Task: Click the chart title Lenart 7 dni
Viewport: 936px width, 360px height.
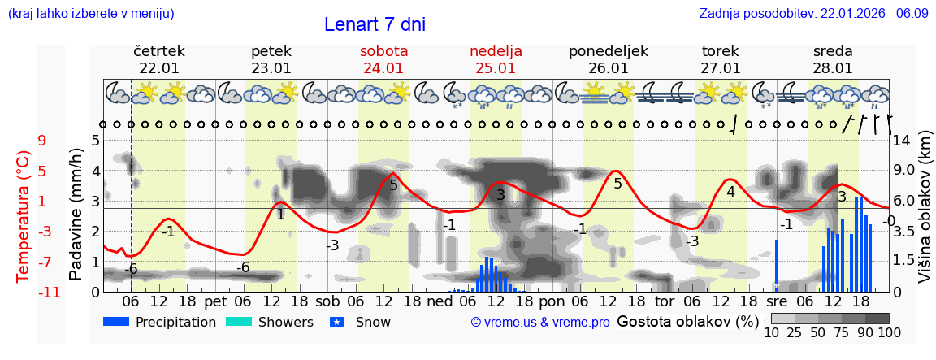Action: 375,24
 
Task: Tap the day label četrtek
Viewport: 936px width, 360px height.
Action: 159,51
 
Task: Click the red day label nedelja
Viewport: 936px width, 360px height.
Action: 496,51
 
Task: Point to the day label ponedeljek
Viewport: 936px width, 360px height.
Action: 608,51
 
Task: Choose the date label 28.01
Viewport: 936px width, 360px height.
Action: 833,68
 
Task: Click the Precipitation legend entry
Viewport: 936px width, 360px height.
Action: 160,322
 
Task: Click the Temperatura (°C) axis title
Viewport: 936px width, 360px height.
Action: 24,215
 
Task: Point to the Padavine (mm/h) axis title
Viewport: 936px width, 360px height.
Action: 76,215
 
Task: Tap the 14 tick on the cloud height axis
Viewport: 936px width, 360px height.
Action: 903,140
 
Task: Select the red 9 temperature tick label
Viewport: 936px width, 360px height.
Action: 42,140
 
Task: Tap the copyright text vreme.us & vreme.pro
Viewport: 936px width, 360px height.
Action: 540,322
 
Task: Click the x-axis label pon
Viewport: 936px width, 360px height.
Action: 552,301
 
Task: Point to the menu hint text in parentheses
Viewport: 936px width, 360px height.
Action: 90,14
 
